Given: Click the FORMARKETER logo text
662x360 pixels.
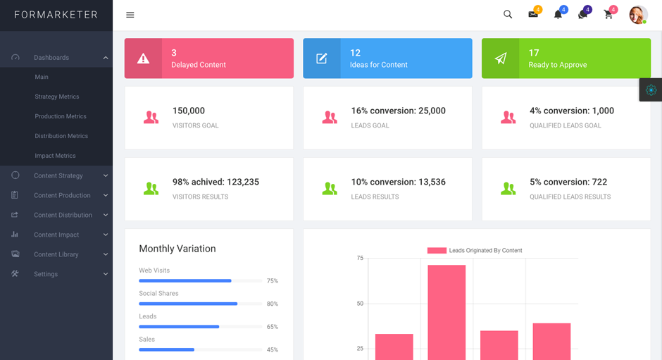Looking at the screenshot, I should pos(56,15).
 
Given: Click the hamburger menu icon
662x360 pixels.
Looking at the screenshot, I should pos(130,15).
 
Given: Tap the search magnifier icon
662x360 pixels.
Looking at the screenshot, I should pos(508,15).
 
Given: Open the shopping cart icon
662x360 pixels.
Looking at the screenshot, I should pos(608,15).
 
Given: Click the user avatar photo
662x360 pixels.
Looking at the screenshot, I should pos(638,15).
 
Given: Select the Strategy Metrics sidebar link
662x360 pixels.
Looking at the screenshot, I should pos(57,97).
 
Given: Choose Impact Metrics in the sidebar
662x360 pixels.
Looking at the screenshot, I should pos(55,156).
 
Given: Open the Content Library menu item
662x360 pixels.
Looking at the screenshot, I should pos(56,254).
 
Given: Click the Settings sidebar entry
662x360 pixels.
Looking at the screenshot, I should pos(46,274).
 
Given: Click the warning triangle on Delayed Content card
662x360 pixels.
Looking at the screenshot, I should pos(144,58).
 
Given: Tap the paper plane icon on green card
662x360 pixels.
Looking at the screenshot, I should pos(501,58).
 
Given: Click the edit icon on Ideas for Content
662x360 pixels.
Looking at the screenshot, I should pos(322,58).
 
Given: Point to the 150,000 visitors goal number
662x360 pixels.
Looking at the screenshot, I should pos(189,111).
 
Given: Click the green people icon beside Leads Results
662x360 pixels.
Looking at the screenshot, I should pos(330,189).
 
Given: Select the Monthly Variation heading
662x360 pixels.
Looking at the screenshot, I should pos(177,249).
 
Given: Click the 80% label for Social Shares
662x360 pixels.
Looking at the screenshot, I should pos(273,304).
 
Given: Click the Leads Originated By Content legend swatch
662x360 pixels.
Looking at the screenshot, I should pos(437,250).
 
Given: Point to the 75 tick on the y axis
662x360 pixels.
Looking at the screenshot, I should pos(360,259).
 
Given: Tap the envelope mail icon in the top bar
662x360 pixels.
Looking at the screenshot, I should pos(533,15).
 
